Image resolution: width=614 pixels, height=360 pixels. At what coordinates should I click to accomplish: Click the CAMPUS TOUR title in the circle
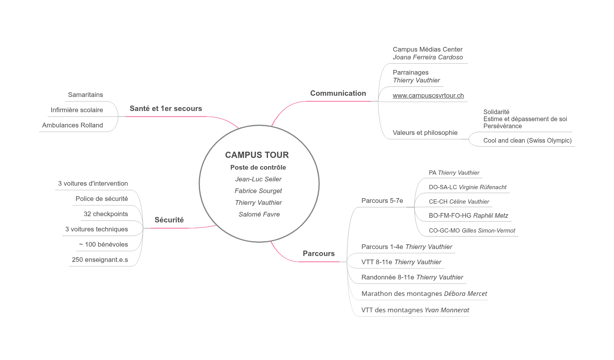[257, 155]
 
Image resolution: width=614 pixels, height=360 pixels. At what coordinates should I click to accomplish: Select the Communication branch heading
[338, 93]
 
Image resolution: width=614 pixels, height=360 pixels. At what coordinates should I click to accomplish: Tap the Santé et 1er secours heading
[166, 109]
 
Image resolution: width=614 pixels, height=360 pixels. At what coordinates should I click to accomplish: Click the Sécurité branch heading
[169, 220]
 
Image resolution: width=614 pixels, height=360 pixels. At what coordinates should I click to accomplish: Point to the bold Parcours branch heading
[318, 254]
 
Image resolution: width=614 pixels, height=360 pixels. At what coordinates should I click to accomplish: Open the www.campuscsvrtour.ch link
[428, 95]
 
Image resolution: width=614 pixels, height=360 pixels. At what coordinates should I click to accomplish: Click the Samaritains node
[86, 95]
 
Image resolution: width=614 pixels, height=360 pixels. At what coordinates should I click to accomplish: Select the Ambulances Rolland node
[73, 125]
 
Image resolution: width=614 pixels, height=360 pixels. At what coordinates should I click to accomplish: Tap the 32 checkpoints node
[106, 214]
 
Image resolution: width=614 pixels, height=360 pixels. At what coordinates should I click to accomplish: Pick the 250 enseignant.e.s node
[100, 260]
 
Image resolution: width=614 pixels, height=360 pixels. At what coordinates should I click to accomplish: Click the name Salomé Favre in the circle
[259, 214]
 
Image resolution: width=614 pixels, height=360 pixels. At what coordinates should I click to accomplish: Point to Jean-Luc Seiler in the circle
[258, 179]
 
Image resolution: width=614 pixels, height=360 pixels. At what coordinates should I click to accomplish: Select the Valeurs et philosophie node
[425, 133]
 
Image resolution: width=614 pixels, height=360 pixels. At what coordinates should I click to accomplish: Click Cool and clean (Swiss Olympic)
[527, 140]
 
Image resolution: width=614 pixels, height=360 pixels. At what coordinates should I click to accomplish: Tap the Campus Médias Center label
[428, 49]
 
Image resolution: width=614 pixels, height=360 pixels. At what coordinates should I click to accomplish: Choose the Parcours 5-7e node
[382, 201]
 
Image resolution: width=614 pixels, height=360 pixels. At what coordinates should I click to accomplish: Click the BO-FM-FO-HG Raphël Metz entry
[468, 216]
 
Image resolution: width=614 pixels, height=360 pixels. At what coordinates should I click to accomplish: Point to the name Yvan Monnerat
[447, 310]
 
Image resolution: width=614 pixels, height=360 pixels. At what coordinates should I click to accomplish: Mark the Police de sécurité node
[102, 199]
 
